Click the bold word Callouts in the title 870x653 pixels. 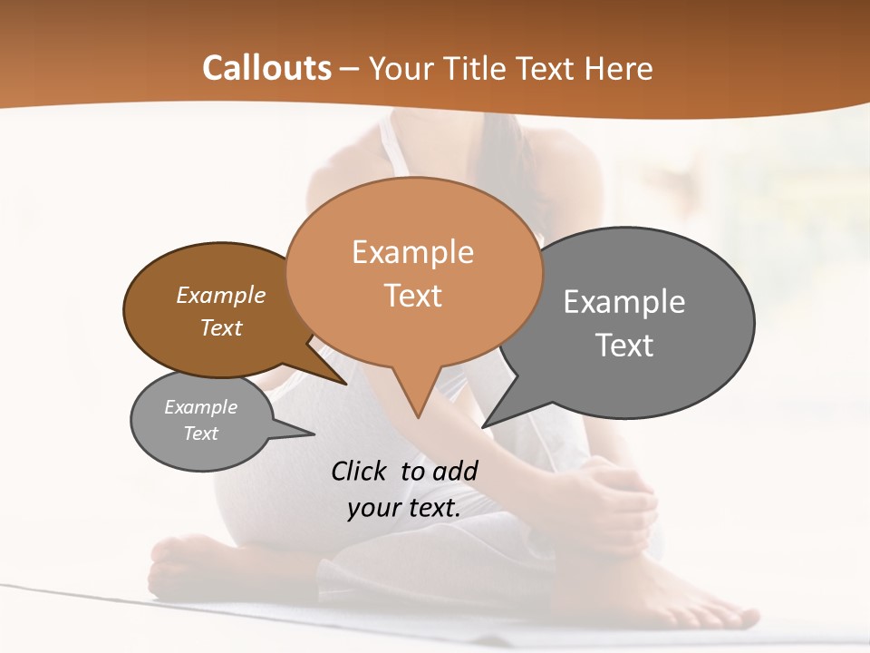266,68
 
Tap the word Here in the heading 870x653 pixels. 619,68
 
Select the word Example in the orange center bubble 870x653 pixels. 412,252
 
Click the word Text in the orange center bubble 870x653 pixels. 412,296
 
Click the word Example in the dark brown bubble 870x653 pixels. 220,295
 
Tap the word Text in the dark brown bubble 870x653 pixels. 220,327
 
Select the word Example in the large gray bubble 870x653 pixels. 623,302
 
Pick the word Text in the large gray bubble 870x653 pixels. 623,345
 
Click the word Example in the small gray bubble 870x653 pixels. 200,407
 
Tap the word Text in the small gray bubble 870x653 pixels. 200,434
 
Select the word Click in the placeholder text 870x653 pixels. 360,471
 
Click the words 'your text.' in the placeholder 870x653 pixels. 403,508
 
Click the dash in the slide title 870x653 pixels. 351,68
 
